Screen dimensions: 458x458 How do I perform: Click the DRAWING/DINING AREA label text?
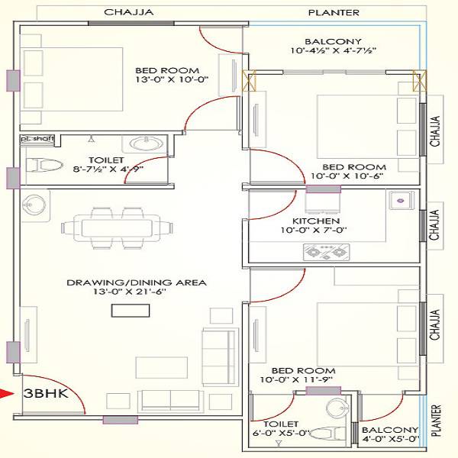tap(136, 282)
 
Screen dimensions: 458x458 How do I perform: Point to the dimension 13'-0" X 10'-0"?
tap(171, 79)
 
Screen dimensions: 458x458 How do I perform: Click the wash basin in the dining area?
tap(33, 204)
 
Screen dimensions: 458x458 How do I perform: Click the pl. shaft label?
tap(34, 139)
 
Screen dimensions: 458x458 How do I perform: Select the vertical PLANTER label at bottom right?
tap(436, 420)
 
